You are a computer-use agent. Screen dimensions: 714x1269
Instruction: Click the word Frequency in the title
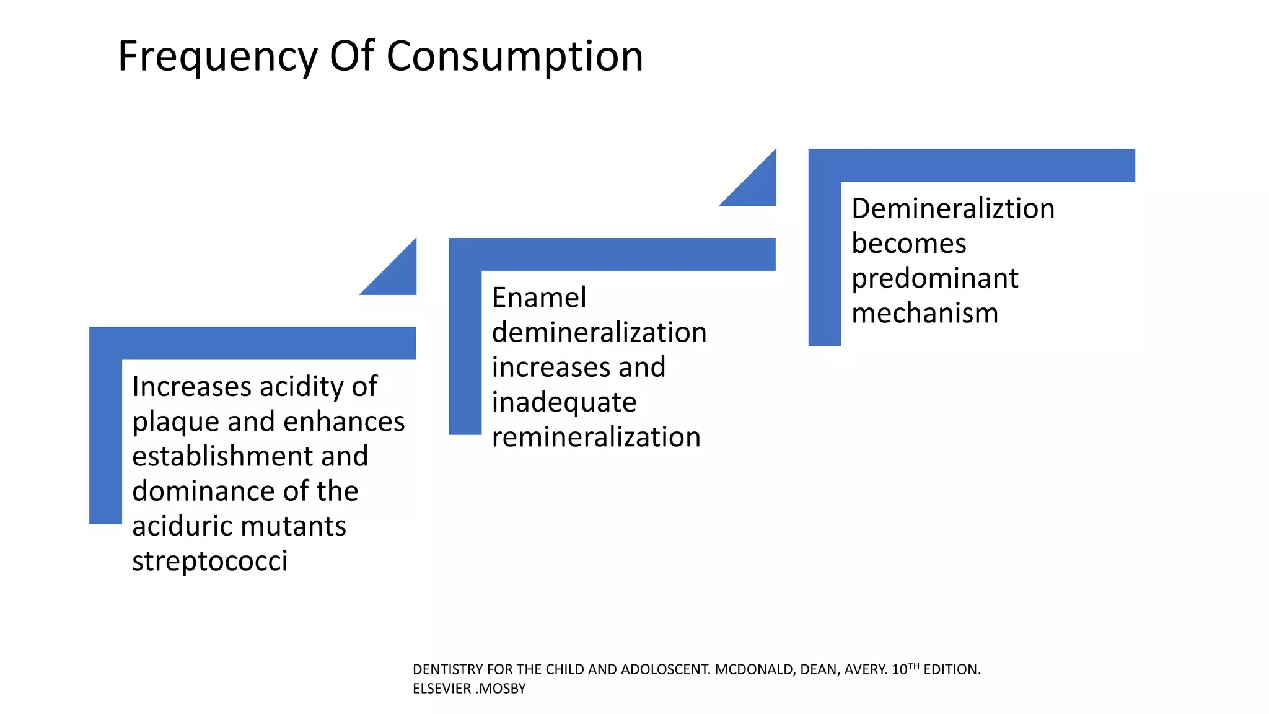tap(217, 57)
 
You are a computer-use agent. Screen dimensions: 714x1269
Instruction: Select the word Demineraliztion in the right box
tap(952, 209)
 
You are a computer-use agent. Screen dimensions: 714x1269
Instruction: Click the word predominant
tap(934, 278)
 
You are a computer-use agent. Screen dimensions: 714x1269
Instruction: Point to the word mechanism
tap(924, 313)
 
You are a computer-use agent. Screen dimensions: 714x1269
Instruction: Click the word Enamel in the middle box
tap(538, 298)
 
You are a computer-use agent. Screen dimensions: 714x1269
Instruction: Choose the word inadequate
tap(564, 403)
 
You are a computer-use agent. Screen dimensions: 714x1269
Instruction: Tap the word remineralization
tap(596, 438)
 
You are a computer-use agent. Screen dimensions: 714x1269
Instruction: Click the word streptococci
tap(209, 562)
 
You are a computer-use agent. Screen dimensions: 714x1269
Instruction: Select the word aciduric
tap(181, 526)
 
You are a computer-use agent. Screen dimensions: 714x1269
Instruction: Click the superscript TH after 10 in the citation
tap(913, 666)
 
